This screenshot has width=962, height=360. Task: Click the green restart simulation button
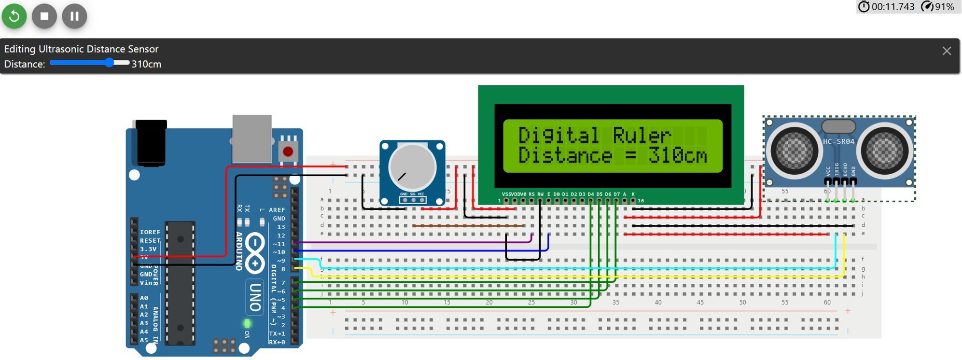tap(14, 16)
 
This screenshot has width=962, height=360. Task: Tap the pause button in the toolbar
tap(74, 16)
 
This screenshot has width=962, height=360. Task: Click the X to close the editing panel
tap(947, 51)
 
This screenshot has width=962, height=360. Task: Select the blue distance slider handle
tap(110, 62)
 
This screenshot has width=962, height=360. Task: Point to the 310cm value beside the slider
tap(146, 64)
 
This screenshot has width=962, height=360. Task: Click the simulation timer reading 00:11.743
tap(892, 7)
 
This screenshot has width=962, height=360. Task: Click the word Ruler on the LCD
tap(642, 135)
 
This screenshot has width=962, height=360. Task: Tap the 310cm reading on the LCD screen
tap(678, 155)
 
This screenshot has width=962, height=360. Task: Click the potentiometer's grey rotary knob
tap(412, 167)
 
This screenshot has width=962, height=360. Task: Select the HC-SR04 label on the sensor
tap(838, 141)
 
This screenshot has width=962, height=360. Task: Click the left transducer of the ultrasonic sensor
tap(794, 151)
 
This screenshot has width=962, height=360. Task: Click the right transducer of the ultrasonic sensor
tap(884, 151)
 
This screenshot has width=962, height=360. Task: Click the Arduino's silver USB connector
tap(252, 138)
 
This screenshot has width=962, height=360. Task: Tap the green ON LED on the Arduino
tap(247, 323)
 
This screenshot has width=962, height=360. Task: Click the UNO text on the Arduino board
tap(255, 297)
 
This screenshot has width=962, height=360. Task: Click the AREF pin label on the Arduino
tap(277, 210)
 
